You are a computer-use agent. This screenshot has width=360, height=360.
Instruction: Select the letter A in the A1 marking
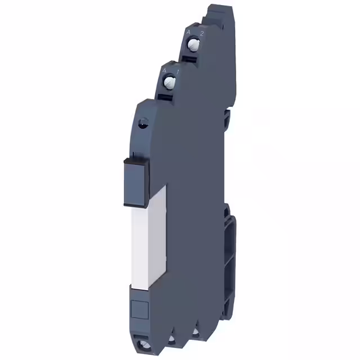(x=164, y=71)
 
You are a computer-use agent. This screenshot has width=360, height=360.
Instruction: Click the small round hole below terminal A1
(x=143, y=119)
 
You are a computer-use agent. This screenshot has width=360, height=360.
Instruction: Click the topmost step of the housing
(x=220, y=11)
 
